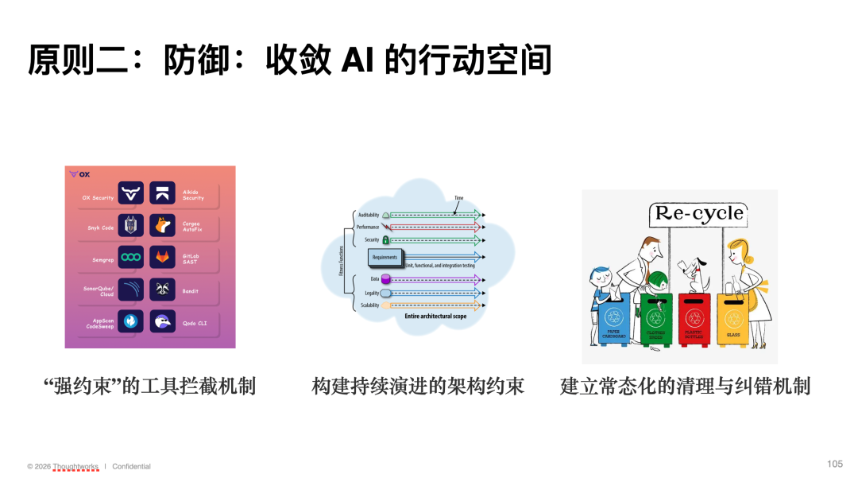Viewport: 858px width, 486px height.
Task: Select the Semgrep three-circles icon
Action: coord(130,259)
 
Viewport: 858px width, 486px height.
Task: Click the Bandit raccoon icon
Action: coord(162,291)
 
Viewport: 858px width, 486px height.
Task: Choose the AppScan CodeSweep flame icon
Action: coord(130,323)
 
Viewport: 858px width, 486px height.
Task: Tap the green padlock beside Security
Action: coord(386,239)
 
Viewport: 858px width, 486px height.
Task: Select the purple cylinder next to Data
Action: coord(386,279)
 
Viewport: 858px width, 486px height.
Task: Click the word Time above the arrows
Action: coord(458,198)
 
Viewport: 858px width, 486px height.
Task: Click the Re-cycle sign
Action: coord(698,213)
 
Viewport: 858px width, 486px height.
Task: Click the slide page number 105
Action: coord(834,464)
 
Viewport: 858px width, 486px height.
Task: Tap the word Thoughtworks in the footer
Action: coord(75,467)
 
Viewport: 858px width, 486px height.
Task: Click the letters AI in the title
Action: coord(357,60)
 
